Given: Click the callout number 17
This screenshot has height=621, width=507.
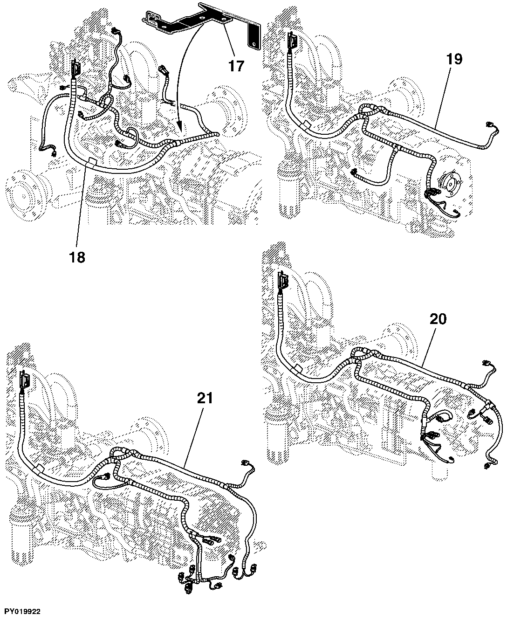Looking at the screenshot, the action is [236, 66].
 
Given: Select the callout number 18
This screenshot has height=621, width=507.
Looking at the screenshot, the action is [77, 257].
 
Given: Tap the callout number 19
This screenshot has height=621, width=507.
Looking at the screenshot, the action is [454, 59].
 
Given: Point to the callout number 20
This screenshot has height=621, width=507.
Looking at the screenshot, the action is [438, 318].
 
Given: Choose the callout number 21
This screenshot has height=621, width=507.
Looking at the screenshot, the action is [205, 399].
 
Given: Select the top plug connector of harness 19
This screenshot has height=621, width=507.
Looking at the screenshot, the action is [292, 41].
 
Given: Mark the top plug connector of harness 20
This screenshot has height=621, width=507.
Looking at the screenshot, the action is [282, 280].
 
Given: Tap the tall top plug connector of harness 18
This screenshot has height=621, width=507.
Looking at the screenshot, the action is [75, 69].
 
